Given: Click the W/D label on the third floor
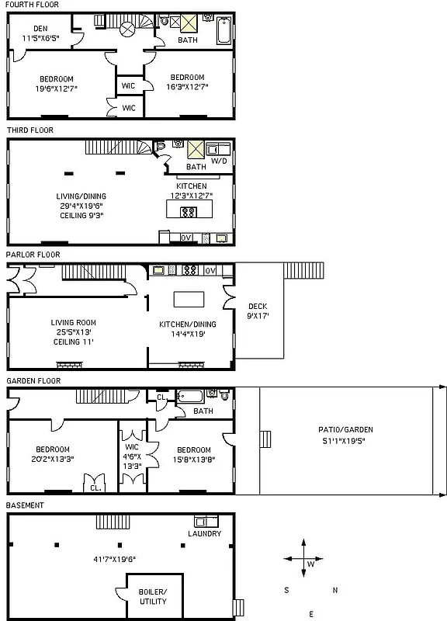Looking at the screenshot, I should coord(220,161).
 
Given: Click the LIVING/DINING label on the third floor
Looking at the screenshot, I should coord(81,196).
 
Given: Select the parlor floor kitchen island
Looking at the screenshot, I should coord(187,299).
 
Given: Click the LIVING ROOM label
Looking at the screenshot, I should coord(74,323).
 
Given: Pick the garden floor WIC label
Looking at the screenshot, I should coord(131,446).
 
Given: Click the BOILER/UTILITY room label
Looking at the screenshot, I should coord(153,597).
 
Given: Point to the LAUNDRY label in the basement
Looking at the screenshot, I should coord(205,534).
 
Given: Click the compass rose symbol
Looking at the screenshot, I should coord(300,559).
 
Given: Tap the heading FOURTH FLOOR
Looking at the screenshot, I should coord(32,5).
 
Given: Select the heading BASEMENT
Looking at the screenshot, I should coord(26,505).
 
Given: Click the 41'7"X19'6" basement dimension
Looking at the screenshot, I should coord(113,558).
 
